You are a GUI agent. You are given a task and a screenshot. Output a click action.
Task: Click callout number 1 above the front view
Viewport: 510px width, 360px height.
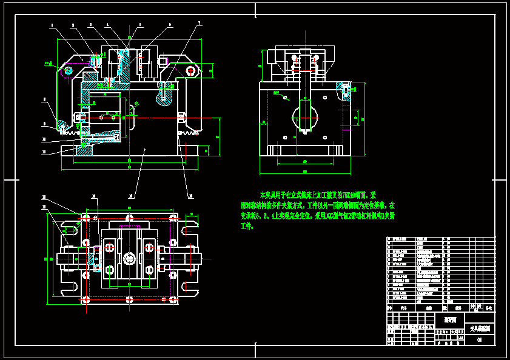[52, 25]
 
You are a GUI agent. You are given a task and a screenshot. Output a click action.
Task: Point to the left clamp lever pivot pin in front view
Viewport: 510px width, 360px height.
[68, 71]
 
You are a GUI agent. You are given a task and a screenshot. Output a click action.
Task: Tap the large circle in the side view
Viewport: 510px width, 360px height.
[305, 115]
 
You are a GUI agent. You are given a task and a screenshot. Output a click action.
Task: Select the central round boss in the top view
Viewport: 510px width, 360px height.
[130, 258]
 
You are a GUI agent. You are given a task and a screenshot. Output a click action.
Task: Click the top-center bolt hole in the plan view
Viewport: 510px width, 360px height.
[130, 218]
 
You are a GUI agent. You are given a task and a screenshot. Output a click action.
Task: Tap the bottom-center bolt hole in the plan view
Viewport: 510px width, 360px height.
[130, 299]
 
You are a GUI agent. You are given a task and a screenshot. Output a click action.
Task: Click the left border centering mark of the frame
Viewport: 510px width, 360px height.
[8, 180]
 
